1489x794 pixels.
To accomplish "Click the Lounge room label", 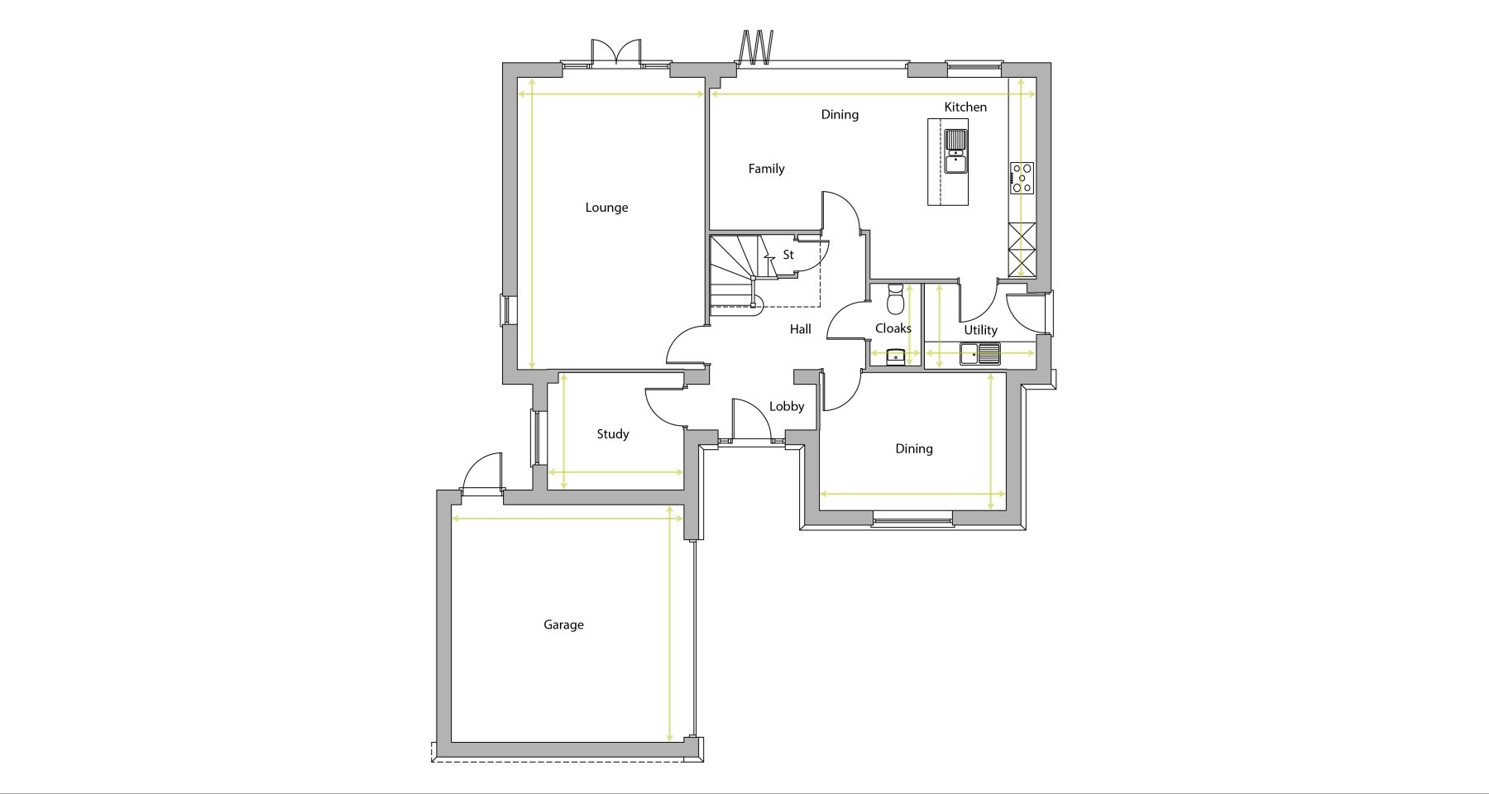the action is [x=606, y=208].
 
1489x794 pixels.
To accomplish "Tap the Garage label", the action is [x=563, y=625].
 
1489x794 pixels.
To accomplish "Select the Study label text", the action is [x=613, y=434].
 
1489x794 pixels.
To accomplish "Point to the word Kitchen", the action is [x=965, y=107].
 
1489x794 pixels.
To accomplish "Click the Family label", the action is [x=766, y=169].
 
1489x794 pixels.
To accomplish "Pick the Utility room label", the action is [x=980, y=330].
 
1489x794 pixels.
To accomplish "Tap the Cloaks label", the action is [x=893, y=328].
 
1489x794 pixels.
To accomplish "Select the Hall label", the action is [x=800, y=329].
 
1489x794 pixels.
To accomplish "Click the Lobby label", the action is [x=787, y=406].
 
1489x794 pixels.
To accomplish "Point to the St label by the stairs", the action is [x=788, y=255].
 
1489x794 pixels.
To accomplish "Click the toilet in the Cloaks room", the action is [x=894, y=299].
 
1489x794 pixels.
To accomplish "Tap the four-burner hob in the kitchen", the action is [x=1022, y=178].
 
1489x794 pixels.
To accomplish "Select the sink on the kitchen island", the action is [x=956, y=151].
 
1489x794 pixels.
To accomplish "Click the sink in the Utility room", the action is [x=980, y=354].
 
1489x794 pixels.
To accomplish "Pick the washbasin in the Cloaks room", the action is [x=895, y=356].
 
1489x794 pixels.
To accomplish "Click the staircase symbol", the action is [x=735, y=273].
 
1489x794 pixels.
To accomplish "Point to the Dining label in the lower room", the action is [x=914, y=449].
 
